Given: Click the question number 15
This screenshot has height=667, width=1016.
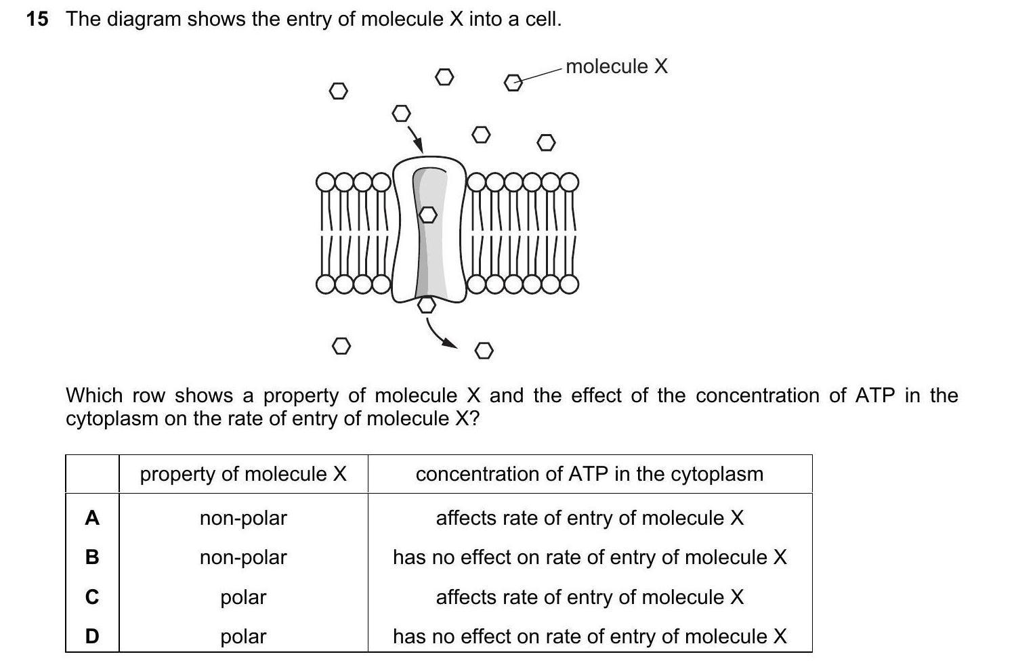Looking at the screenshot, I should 37,19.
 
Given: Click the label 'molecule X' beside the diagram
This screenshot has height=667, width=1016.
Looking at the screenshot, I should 616,66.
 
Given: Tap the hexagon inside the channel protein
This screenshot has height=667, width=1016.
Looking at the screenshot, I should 427,215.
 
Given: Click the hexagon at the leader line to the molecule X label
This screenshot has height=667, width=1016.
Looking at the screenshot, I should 513,83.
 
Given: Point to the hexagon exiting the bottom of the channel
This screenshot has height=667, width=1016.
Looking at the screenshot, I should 426,305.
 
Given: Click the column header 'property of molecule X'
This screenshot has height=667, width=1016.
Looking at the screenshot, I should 243,474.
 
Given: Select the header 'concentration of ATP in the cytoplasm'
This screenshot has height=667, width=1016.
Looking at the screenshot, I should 589,474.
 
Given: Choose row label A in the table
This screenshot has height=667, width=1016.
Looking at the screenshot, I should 92,518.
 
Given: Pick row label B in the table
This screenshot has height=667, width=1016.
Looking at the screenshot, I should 92,557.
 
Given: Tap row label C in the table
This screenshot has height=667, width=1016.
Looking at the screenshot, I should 92,597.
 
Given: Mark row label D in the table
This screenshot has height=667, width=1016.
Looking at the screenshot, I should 92,637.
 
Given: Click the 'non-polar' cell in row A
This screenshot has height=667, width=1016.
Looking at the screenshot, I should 243,518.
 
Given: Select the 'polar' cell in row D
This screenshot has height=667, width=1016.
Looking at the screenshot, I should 243,637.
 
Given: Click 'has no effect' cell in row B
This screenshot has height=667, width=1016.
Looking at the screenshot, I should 589,557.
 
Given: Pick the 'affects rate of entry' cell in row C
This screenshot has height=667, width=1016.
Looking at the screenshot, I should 589,597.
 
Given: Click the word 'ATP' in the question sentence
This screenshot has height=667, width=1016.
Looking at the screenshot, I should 875,395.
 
